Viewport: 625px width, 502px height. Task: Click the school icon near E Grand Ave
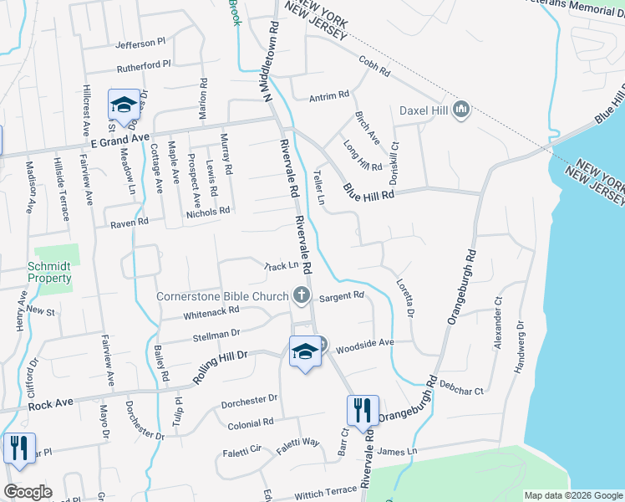[x=124, y=105]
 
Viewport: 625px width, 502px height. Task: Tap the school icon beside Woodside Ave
[x=306, y=352]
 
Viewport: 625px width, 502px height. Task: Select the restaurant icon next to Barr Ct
[x=363, y=411]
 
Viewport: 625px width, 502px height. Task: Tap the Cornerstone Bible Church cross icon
[x=302, y=295]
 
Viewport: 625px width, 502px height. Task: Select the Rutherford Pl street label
[x=143, y=64]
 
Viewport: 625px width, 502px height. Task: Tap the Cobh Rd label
[x=374, y=67]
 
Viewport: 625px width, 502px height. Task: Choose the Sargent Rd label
[x=343, y=295]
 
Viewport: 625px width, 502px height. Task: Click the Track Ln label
[x=281, y=266]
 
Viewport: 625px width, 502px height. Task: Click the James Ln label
[x=397, y=452]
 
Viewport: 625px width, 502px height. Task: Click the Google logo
[x=28, y=492]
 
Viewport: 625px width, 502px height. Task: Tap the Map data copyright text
[x=573, y=495]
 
